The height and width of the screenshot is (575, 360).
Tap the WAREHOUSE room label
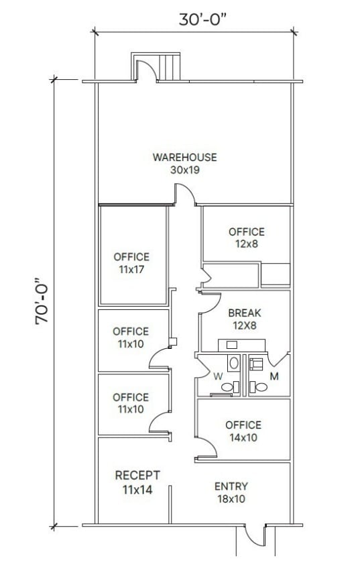(x=184, y=158)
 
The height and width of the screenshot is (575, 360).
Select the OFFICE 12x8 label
(x=246, y=232)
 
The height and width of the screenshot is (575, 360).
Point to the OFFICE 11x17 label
(x=131, y=257)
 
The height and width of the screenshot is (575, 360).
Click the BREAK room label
(x=244, y=313)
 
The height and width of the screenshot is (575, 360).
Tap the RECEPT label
(x=137, y=476)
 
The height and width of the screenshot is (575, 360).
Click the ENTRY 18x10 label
(x=231, y=486)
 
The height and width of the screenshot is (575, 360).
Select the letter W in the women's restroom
(x=217, y=377)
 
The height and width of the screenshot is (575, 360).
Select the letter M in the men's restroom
(x=274, y=377)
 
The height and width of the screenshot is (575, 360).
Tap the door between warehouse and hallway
(x=186, y=195)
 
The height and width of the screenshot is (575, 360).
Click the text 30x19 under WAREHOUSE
(x=184, y=170)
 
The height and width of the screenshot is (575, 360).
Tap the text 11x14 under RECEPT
(x=137, y=490)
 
